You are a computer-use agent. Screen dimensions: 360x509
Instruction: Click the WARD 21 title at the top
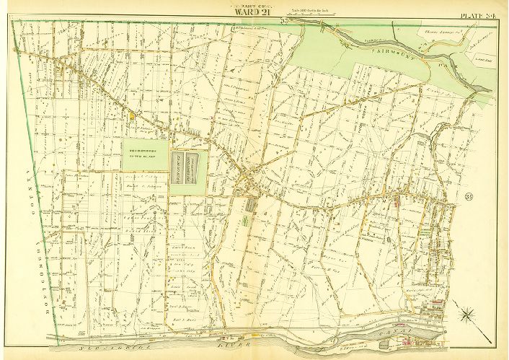(x=253, y=10)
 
